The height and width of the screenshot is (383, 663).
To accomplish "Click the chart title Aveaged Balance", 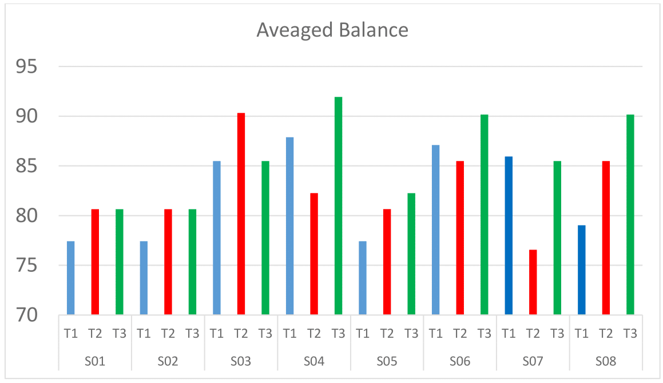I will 332,30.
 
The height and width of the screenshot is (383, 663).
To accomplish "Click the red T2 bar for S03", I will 241,214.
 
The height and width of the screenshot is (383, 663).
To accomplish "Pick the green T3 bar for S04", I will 339,206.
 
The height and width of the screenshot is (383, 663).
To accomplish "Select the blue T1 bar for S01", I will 71,278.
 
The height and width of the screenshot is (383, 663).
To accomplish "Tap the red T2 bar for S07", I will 533,282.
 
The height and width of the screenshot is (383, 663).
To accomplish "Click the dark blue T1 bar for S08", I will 582,270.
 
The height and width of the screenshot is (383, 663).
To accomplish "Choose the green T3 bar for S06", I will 485,215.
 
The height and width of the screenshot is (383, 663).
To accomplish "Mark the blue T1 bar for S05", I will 363,278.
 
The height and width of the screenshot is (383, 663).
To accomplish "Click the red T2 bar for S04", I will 314,254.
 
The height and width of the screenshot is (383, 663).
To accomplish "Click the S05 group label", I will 387,362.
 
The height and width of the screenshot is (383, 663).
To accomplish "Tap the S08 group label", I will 606,362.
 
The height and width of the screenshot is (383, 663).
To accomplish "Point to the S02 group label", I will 168,362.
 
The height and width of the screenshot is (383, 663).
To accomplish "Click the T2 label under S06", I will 460,334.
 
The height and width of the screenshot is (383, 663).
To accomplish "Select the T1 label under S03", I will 217,334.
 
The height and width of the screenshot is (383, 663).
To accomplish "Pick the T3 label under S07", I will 557,334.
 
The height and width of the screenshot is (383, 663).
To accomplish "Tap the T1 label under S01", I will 71,334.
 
